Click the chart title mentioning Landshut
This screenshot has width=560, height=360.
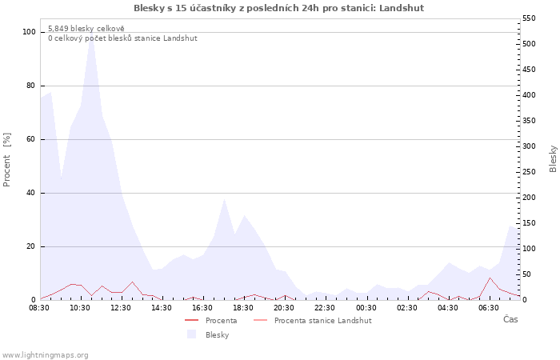coord(278,8)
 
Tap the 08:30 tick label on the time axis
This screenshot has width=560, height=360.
coord(39,308)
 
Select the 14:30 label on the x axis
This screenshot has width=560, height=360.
coord(162,308)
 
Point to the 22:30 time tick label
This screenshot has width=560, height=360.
coord(325,308)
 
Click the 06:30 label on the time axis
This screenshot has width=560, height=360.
coord(489,308)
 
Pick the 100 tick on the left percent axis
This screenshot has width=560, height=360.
coord(29,32)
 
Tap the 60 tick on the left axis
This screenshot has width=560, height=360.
coord(31,139)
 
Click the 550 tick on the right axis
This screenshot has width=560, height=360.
coord(529,18)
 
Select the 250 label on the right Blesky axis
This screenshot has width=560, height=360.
coord(529,172)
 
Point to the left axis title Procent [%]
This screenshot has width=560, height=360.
coord(6,160)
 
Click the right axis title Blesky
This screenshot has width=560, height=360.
coord(553,158)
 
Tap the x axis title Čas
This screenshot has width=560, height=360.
coord(510,319)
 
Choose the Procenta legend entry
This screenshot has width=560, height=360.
coord(210,320)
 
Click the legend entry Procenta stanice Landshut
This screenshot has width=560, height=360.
coord(313,320)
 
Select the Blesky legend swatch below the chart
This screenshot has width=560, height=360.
coord(192,334)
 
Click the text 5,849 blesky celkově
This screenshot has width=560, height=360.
coord(86,29)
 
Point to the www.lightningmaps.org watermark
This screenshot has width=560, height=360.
coord(45,355)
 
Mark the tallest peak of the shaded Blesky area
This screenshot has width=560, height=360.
coord(91,34)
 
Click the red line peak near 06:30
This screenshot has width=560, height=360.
coord(490,278)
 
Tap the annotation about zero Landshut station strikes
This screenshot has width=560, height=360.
coord(122,38)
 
